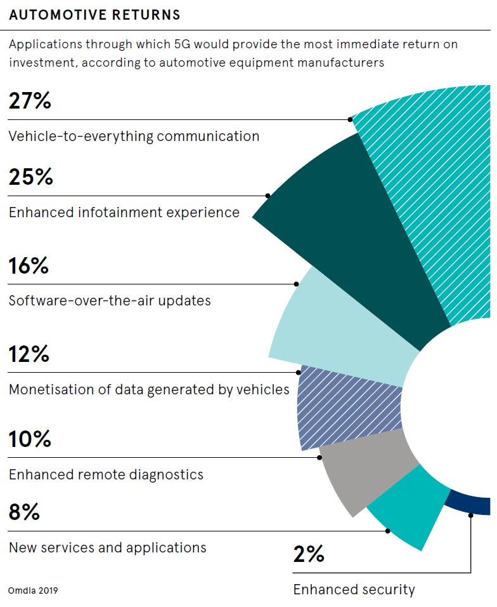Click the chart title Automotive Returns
click(94, 15)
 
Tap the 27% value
click(30, 101)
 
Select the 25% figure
click(30, 177)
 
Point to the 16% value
click(29, 265)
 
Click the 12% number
click(29, 354)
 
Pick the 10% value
click(30, 439)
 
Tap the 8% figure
click(25, 512)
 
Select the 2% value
click(309, 554)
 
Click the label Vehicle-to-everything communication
click(134, 136)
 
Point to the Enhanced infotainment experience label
click(124, 212)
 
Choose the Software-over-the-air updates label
click(110, 300)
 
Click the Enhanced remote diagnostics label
click(106, 474)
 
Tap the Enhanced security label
click(354, 590)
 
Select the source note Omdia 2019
click(33, 590)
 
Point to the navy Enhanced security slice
click(469, 504)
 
